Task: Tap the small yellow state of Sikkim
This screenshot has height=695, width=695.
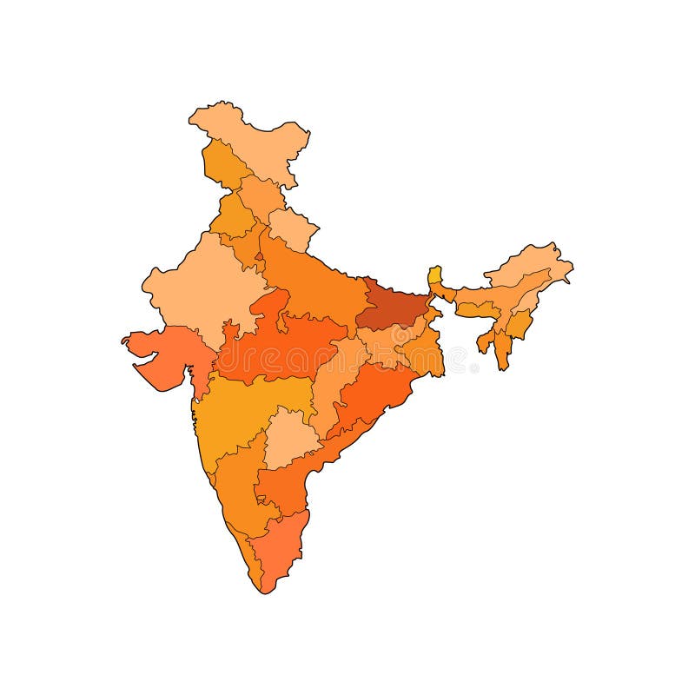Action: point(434,277)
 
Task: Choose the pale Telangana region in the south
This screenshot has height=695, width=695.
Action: point(291,434)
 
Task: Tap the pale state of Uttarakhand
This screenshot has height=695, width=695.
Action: point(291,228)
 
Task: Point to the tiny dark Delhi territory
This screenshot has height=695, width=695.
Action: point(259,256)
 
